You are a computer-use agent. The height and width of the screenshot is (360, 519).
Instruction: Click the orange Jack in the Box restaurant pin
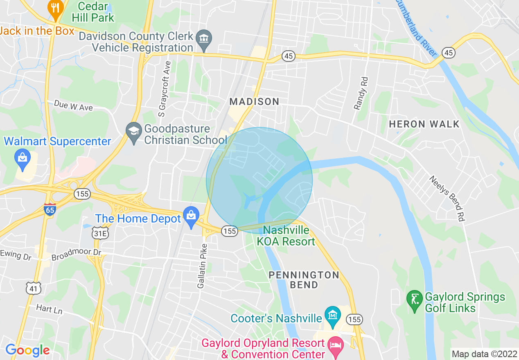[55, 9]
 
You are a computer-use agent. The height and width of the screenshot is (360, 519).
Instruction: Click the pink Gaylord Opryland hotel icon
[336, 345]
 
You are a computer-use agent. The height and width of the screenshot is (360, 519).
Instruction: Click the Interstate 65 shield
[50, 209]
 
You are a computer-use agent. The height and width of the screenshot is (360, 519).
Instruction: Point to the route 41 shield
[33, 288]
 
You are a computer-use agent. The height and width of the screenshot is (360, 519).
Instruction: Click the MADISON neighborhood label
[254, 101]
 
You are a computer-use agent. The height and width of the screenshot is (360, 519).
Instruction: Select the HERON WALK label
[424, 124]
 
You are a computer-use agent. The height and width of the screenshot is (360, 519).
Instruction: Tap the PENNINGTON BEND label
[304, 280]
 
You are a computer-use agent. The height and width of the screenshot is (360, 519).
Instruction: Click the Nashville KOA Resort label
[286, 236]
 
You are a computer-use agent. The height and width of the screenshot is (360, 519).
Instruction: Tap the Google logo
[27, 350]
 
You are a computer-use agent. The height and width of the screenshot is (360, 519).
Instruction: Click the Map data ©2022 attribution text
[484, 353]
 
